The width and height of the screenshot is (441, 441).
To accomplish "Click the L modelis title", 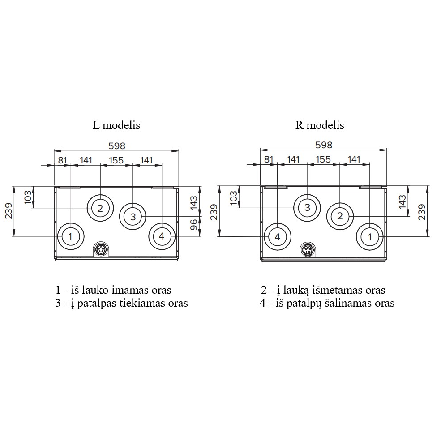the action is click(116, 125).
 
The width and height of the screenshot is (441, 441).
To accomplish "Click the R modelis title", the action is click(320, 125).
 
